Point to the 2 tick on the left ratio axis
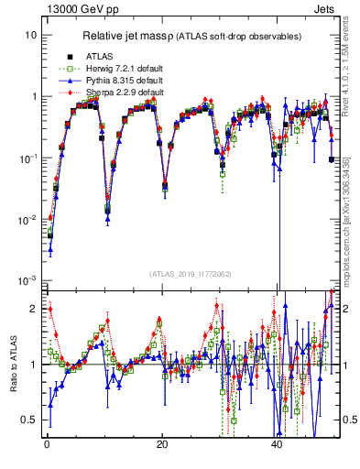point(34,308)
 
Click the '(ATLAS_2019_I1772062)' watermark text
point(190,274)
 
